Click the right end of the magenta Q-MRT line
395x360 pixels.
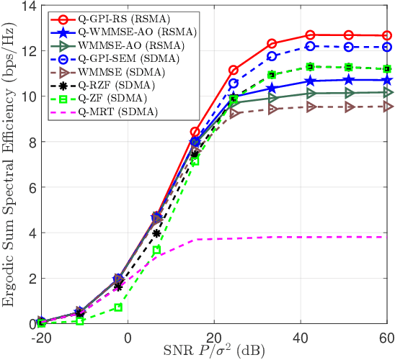click(x=389, y=237)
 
